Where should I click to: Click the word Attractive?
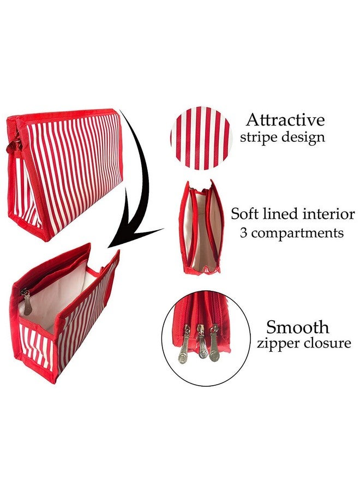285,120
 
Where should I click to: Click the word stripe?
258,137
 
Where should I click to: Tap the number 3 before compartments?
244,233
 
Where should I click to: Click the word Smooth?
298,327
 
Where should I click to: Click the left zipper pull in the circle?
185,344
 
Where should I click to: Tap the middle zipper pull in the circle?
201,342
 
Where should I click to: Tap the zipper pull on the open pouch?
27,302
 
